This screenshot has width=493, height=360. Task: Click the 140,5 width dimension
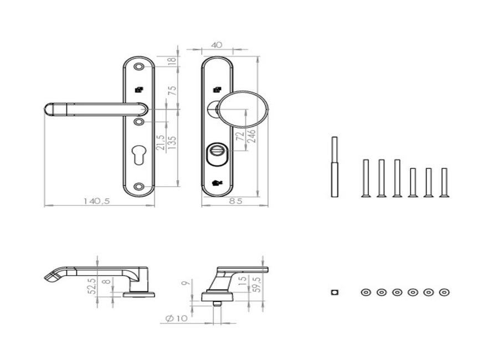click(97, 201)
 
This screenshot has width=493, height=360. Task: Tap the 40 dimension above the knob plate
click(217, 45)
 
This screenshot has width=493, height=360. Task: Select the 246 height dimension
click(251, 136)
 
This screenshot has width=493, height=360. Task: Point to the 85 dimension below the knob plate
click(235, 201)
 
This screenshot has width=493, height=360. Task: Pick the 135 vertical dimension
click(172, 142)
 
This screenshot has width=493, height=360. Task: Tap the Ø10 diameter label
click(176, 318)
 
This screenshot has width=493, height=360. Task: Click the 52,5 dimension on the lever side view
click(92, 286)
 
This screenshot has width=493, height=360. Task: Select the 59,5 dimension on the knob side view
click(258, 284)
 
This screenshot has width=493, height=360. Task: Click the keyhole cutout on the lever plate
click(138, 155)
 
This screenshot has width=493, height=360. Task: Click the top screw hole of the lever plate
click(138, 66)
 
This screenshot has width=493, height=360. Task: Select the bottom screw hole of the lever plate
click(138, 187)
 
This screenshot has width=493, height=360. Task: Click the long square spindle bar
click(335, 167)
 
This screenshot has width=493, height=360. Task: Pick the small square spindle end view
click(335, 292)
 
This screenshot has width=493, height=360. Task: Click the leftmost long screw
click(366, 178)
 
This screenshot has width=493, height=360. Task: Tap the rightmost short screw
click(444, 183)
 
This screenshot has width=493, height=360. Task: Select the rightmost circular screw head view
click(444, 292)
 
